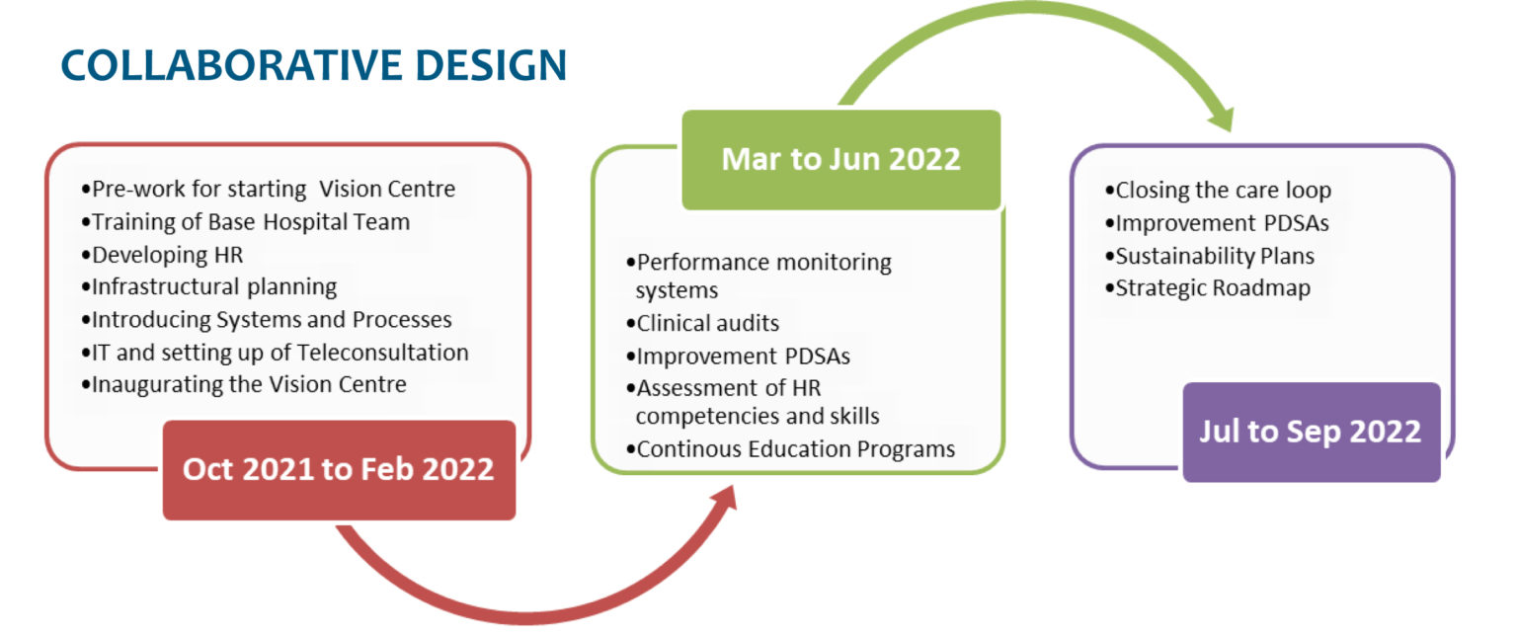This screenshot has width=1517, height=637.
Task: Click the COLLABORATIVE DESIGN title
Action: [313, 65]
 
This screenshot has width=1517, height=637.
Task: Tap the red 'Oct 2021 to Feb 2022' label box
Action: [339, 470]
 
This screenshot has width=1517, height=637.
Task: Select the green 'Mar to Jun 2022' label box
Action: [841, 160]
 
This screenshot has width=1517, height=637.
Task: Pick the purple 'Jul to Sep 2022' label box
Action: [1312, 432]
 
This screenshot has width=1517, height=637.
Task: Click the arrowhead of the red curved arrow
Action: [725, 500]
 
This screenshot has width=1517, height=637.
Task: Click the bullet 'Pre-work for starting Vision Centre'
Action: [269, 189]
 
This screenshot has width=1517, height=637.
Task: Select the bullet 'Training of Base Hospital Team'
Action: [245, 222]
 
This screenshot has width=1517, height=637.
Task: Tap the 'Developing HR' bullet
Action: [162, 255]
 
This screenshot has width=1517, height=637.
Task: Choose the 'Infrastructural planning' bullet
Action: [208, 287]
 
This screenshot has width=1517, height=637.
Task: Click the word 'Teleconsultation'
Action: [382, 352]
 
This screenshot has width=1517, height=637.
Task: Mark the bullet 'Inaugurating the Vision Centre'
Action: [244, 384]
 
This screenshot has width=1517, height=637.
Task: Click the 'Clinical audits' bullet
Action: [702, 323]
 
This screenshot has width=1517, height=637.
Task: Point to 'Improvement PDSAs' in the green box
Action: [738, 357]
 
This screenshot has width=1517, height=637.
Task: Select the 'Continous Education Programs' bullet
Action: [790, 448]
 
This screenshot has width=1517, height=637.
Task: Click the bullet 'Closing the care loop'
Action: [1218, 191]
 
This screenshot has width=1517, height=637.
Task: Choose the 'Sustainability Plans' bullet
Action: [1210, 256]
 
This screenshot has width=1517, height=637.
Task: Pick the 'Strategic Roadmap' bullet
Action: [1208, 288]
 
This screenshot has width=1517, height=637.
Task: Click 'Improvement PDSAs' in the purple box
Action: [1217, 223]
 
